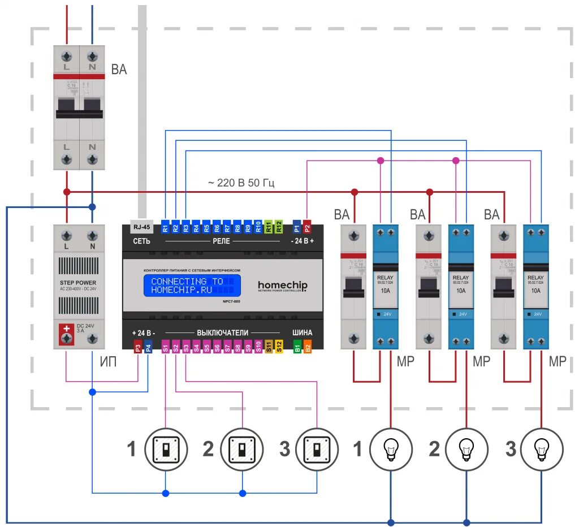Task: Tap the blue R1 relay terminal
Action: tap(165, 228)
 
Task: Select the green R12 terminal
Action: tap(279, 228)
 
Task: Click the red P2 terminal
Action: tap(307, 228)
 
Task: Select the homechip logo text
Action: tap(283, 285)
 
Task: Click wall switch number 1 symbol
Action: tap(166, 450)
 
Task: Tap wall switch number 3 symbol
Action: tap(317, 450)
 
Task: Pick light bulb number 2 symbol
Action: tap(466, 450)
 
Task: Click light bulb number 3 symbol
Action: tap(542, 450)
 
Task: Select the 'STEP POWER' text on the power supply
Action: tap(79, 283)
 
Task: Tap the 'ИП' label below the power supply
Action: tap(108, 362)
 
